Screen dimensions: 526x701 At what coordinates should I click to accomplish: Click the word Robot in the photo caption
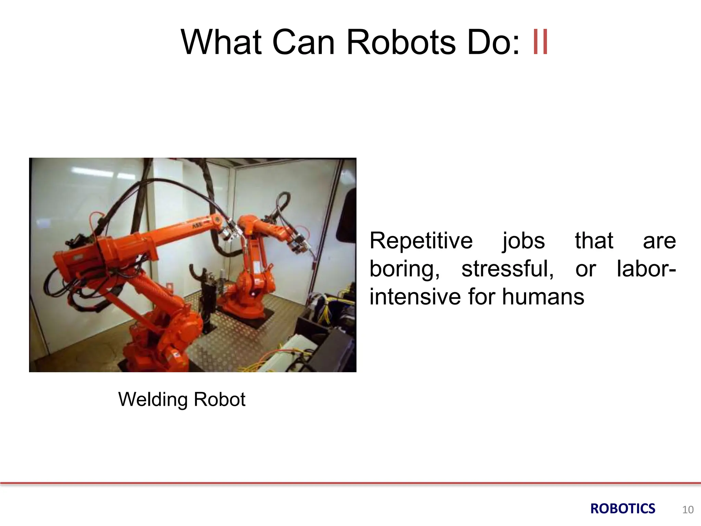(219, 399)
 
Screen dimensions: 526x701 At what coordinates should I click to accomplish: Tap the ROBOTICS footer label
(623, 509)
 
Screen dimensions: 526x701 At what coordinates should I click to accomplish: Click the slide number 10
(688, 510)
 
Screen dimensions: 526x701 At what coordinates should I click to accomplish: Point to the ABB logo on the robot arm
(197, 226)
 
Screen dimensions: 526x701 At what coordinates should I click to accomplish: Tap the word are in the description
(659, 241)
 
